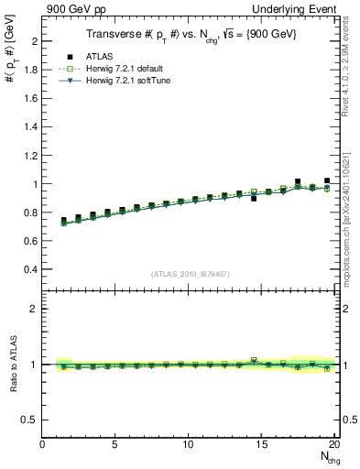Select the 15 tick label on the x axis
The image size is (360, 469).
tap(262, 444)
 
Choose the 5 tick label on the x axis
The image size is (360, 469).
tap(115, 444)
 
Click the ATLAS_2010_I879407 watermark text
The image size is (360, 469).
tap(190, 273)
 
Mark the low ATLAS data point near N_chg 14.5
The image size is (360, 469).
tap(254, 198)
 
